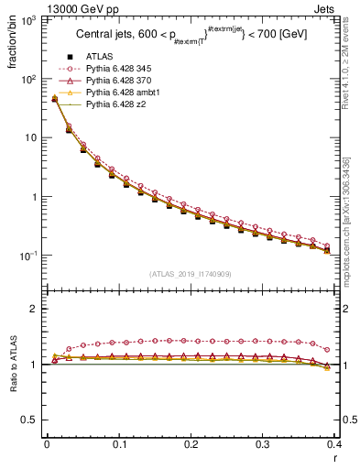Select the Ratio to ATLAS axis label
[12, 365]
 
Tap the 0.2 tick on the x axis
[191, 443]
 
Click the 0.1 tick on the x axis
[119, 443]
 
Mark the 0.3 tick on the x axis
[263, 443]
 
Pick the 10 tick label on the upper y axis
[30, 137]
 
